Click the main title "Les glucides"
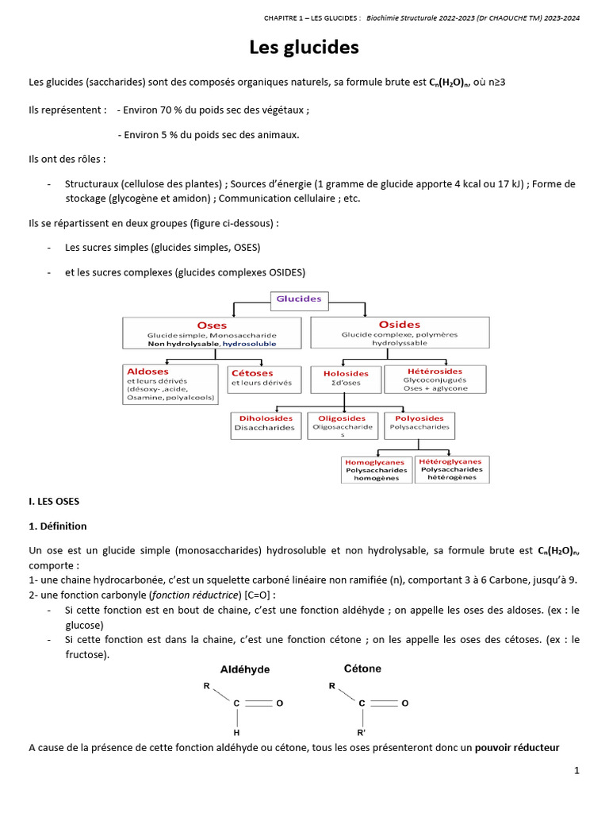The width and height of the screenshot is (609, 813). point(304,48)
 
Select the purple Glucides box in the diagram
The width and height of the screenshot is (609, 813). point(298,299)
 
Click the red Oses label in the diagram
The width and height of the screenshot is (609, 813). point(212,325)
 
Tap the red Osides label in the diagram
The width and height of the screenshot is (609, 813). point(400,324)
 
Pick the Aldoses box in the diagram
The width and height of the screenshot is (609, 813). point(170,384)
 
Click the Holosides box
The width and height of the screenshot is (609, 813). point(346,378)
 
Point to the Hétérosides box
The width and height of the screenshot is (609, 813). point(435,380)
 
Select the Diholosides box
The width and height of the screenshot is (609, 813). point(266,423)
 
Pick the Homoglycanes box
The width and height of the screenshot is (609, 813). point(376,470)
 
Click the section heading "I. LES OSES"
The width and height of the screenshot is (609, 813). point(54,502)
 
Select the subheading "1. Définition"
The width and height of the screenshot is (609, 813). point(58,526)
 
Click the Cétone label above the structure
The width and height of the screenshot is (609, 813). point(362,669)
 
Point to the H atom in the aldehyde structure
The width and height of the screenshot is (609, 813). point(236,732)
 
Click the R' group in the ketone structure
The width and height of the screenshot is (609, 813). point(362,732)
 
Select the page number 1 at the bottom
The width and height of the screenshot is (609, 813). point(577,771)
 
